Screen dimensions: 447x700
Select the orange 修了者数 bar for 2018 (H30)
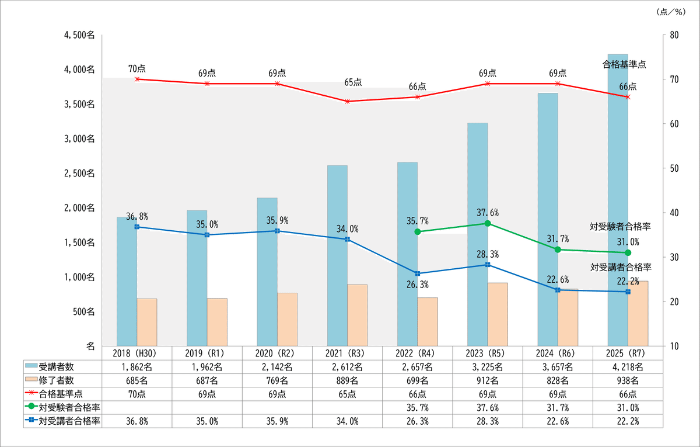click(x=147, y=322)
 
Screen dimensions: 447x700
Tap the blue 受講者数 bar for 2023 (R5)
click(x=477, y=234)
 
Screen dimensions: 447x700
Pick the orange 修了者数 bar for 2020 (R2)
click(x=287, y=319)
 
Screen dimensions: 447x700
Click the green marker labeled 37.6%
click(x=488, y=223)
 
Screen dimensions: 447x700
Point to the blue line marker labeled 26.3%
click(x=417, y=273)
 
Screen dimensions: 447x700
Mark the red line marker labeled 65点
click(x=348, y=102)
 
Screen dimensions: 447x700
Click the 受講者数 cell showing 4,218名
click(x=628, y=367)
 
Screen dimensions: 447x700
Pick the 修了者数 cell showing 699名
click(x=417, y=380)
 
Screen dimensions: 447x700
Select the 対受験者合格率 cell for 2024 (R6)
click(x=558, y=407)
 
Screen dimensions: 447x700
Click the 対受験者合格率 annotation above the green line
click(x=620, y=227)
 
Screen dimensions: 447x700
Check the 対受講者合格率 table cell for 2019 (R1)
click(x=207, y=421)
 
